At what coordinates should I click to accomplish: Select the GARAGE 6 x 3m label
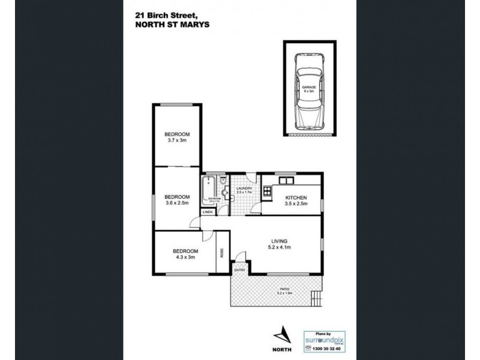308,89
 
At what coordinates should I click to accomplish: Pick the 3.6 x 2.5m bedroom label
178,200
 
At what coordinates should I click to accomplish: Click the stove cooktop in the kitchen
266,192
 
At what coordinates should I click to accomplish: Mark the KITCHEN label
296,200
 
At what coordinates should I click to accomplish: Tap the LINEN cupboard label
207,212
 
